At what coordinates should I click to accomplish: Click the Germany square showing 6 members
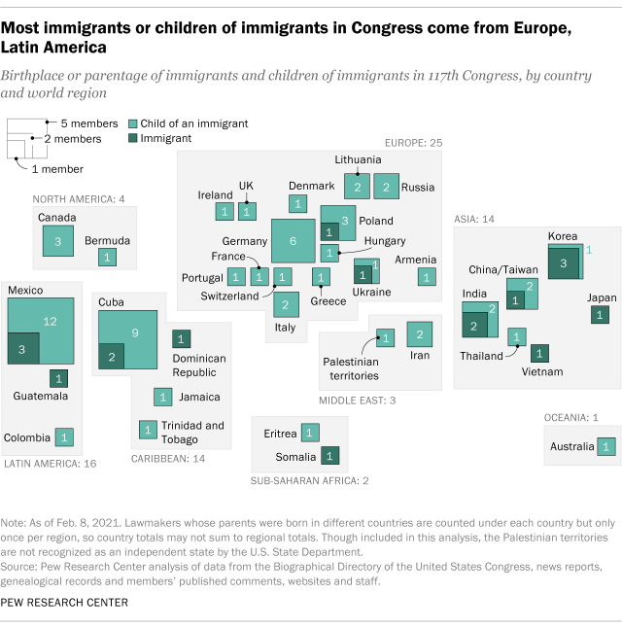pyautogui.click(x=293, y=241)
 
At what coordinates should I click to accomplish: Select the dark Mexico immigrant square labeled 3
pyautogui.click(x=23, y=349)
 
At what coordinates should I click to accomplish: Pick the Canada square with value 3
pyautogui.click(x=57, y=240)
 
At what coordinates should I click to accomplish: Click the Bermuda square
pyautogui.click(x=106, y=257)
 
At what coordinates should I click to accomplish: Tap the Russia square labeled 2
pyautogui.click(x=387, y=186)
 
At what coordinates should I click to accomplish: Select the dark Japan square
pyautogui.click(x=600, y=314)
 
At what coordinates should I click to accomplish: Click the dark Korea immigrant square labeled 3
pyautogui.click(x=564, y=263)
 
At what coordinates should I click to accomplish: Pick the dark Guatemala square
pyautogui.click(x=58, y=377)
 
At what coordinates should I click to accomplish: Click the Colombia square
pyautogui.click(x=64, y=436)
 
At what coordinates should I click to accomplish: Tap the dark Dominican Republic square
pyautogui.click(x=181, y=338)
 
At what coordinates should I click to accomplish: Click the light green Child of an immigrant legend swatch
pyautogui.click(x=133, y=123)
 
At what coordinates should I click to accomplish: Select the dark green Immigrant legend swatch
pyautogui.click(x=133, y=138)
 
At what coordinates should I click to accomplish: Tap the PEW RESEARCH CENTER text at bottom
pyautogui.click(x=64, y=603)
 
